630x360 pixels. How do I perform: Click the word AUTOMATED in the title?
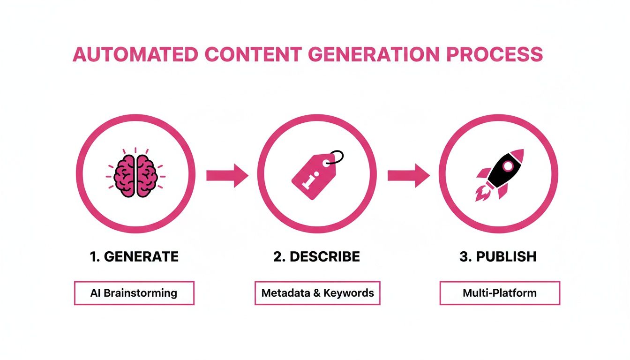coord(135,55)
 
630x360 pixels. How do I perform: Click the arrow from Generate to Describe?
coord(227,176)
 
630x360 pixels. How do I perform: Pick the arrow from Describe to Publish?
coord(408,176)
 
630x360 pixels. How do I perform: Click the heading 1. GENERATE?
coord(134,257)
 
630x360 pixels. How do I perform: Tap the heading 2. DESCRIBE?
coord(317,257)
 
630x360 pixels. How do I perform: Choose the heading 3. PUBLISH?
coord(498,257)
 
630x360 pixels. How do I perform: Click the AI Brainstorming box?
coord(134,293)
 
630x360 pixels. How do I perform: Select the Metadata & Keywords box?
coord(317,293)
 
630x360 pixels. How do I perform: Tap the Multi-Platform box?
coord(500,293)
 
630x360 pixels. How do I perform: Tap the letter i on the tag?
coord(307,180)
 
